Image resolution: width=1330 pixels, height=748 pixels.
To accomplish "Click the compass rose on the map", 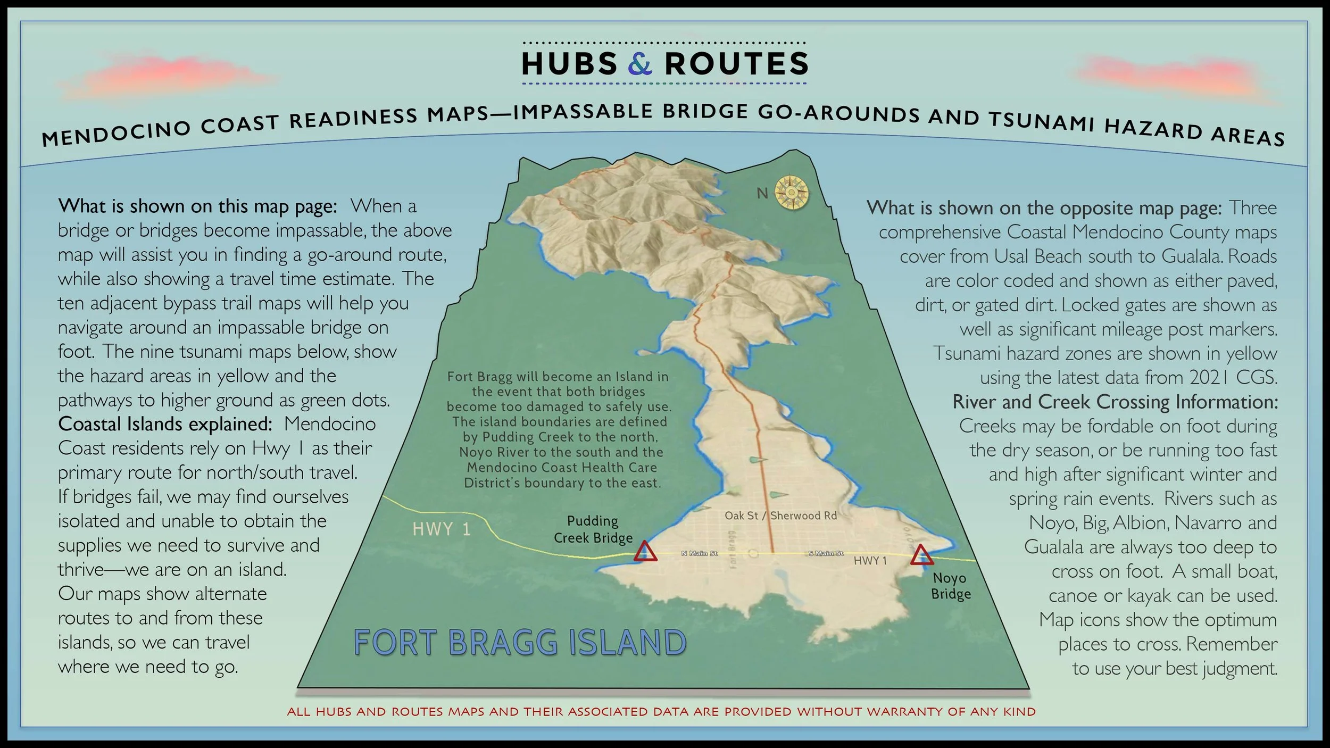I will point(791,193).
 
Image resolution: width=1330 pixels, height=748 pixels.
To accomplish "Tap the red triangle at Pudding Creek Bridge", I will point(645,552).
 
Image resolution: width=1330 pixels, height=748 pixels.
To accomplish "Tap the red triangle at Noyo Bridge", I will point(921,555).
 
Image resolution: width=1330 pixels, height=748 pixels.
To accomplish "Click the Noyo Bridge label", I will point(950,586).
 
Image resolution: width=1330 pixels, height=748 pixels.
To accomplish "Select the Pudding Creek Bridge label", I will point(593,529).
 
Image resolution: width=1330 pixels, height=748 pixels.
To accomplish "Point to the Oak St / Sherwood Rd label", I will point(780,516).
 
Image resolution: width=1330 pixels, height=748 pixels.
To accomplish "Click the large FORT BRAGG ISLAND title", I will point(520,642).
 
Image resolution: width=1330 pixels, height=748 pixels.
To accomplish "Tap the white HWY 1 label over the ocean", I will point(441,529).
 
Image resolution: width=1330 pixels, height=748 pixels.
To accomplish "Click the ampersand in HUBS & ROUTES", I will point(640,64).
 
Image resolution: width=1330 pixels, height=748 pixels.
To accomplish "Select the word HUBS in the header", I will point(569,64).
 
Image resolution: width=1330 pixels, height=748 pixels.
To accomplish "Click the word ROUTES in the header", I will point(736,64).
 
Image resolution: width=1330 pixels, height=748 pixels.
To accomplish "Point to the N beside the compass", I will point(762,194).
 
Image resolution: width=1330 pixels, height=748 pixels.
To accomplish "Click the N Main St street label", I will point(699,554).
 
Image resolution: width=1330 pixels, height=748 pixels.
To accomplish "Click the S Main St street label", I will point(826,554).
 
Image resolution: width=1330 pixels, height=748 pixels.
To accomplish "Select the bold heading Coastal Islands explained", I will point(165,424).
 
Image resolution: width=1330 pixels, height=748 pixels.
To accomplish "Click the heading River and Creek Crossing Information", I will point(1115,402).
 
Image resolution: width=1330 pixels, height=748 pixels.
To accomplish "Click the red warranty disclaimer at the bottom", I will point(661,712).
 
